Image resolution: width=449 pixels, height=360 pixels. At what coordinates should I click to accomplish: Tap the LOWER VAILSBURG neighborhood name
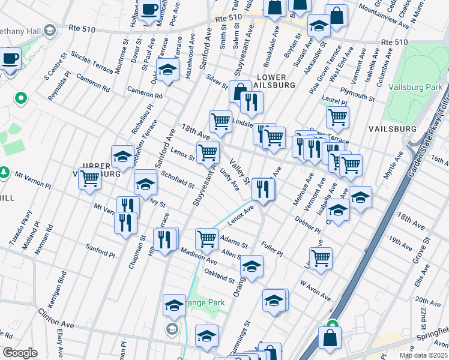point(275,82)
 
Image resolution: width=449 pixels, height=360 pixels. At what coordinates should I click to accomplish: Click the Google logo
point(20,353)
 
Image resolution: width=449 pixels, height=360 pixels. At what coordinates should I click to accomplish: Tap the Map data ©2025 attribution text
point(423,355)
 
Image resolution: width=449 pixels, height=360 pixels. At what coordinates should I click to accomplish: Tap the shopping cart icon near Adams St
point(207,238)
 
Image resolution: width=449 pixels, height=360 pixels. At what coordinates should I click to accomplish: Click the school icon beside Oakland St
point(253,266)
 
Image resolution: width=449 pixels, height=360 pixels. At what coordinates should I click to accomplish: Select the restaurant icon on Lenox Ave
point(263,189)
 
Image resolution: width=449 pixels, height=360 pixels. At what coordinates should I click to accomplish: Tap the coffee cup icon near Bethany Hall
point(10,59)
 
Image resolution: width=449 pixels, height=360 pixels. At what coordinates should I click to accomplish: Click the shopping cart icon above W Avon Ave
point(322,258)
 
